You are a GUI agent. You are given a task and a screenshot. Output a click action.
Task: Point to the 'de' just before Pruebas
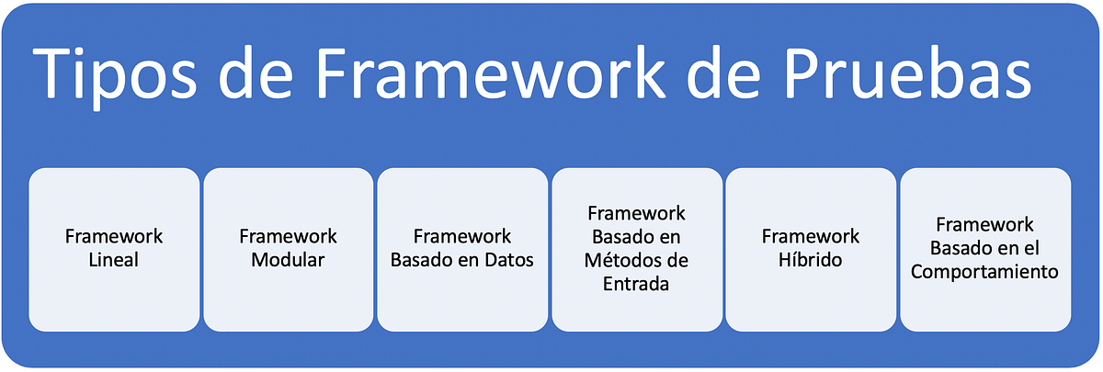[x=736, y=76]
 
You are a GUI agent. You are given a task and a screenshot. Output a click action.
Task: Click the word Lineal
[x=114, y=260]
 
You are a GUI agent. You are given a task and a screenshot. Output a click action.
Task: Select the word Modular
[x=288, y=260]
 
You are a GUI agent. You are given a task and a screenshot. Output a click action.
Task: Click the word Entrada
[x=636, y=284]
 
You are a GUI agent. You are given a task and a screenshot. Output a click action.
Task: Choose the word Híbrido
[x=811, y=260]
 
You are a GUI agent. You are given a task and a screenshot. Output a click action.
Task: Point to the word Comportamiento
[x=984, y=272]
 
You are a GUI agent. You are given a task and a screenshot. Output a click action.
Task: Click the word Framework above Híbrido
[x=811, y=236]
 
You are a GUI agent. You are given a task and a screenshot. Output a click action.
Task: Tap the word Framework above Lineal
[x=114, y=236]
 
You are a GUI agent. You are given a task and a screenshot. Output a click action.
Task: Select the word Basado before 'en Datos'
[x=420, y=260]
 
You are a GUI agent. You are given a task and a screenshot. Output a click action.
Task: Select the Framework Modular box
[x=288, y=249]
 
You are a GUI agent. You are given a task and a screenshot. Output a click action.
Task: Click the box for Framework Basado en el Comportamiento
[x=984, y=249]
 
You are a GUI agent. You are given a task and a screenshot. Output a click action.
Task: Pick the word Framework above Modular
[x=288, y=236]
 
